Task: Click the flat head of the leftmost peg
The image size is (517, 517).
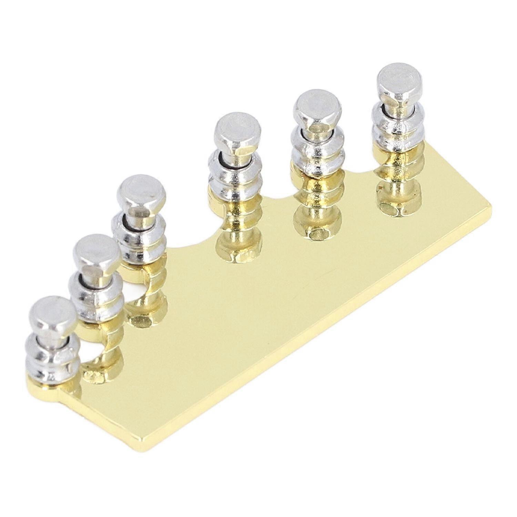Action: pyautogui.click(x=53, y=313)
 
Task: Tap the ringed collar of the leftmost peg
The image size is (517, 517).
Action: pyautogui.click(x=52, y=355)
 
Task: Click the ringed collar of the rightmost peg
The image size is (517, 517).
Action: pyautogui.click(x=398, y=124)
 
